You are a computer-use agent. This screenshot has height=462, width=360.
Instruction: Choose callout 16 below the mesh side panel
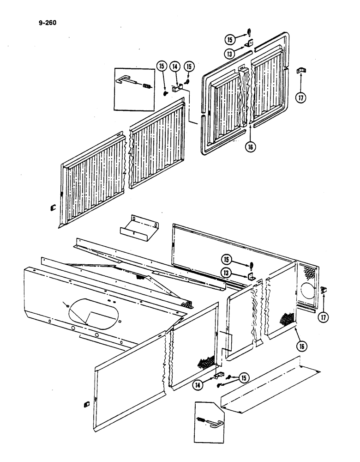click(303, 345)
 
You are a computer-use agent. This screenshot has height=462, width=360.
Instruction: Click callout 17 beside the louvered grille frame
click(300, 97)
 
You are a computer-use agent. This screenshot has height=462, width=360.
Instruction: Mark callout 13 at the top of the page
click(230, 54)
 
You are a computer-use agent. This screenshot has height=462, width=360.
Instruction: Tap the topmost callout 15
click(230, 38)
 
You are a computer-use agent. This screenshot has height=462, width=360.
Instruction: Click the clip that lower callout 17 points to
click(323, 290)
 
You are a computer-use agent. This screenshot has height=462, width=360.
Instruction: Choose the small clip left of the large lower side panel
click(86, 405)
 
